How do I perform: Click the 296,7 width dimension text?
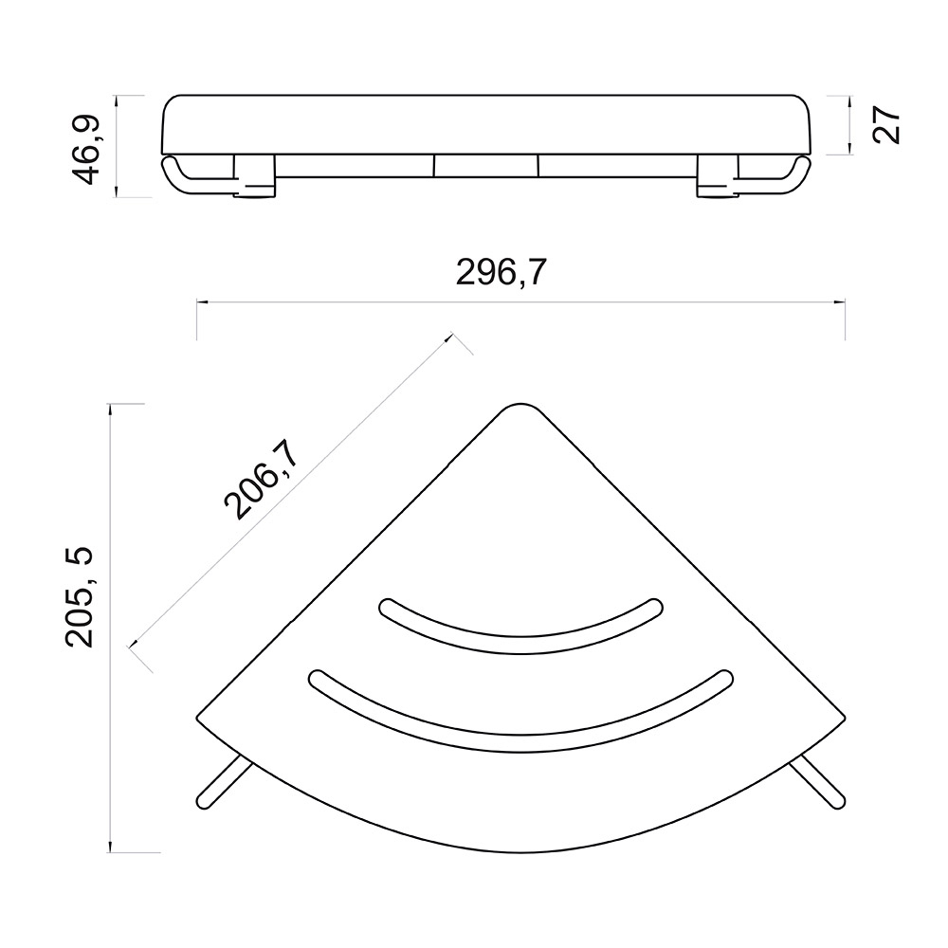(501, 272)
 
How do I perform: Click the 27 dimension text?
(887, 125)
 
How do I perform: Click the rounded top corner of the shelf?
(520, 405)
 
